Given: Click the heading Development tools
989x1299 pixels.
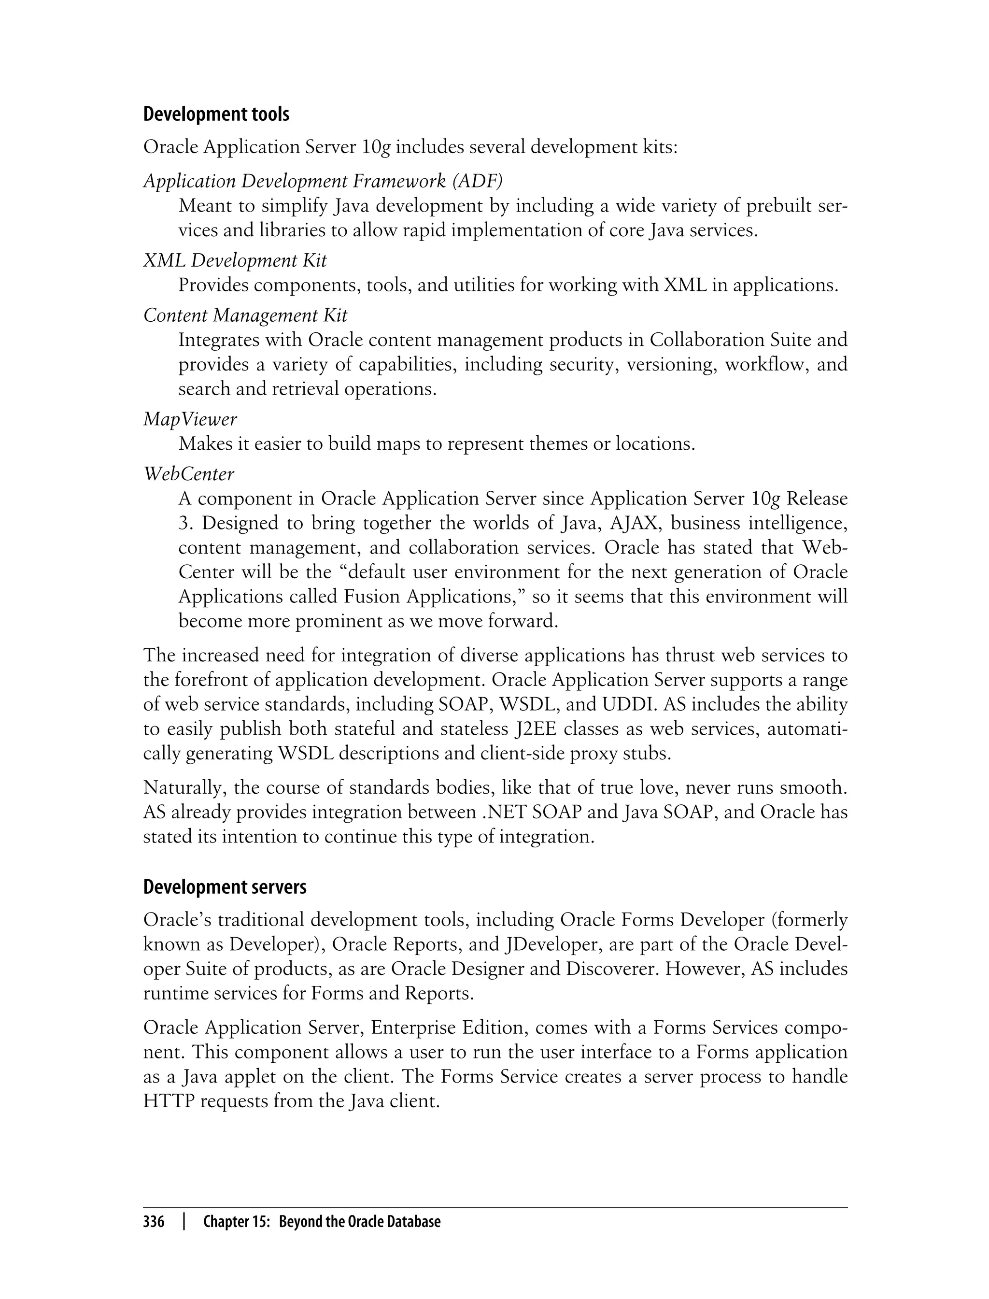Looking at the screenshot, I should (216, 114).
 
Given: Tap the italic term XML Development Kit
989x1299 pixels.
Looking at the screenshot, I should (235, 260).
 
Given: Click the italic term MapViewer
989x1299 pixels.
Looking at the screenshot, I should (190, 419).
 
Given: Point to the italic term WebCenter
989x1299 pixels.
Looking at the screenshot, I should (189, 473).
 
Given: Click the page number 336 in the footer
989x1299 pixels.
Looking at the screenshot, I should (154, 1221).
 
